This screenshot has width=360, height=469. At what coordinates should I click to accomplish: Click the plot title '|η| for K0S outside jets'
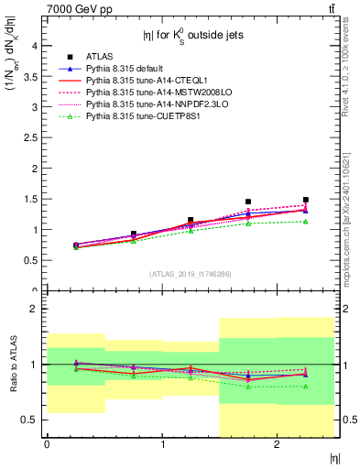(x=190, y=38)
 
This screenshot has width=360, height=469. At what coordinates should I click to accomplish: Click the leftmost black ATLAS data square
(x=75, y=245)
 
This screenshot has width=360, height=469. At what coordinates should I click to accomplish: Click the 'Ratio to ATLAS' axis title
(x=13, y=365)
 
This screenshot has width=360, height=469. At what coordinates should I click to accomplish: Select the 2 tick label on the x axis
(x=277, y=444)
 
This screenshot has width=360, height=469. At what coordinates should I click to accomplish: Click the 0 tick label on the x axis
(x=46, y=444)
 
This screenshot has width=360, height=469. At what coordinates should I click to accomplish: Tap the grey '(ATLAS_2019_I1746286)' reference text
(x=190, y=274)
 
